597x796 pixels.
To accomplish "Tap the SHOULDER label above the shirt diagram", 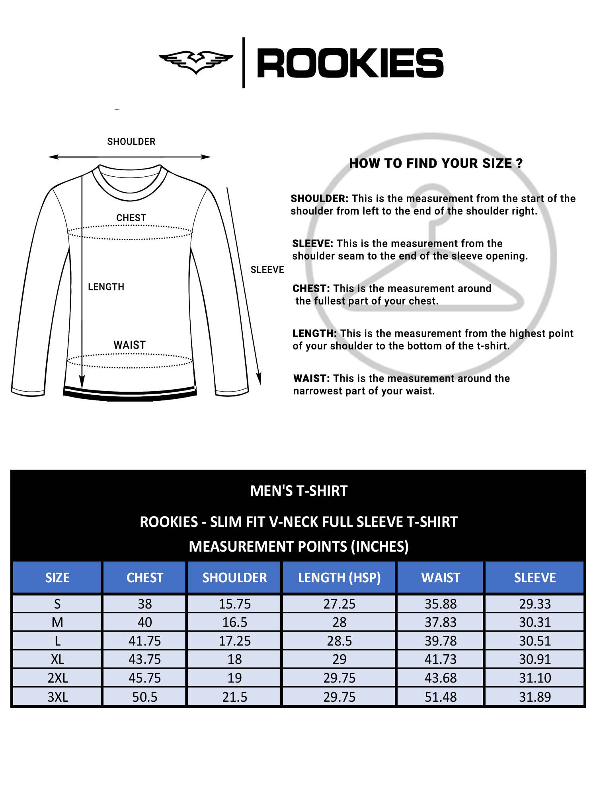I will click(x=131, y=142).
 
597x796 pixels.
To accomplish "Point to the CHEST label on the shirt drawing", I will click(x=131, y=218).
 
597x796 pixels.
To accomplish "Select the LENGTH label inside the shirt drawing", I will click(x=106, y=287).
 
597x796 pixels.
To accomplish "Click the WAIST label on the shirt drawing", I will click(x=130, y=345).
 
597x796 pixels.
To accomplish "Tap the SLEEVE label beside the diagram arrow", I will click(x=267, y=270).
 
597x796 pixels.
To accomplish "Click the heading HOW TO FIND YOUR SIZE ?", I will click(x=436, y=163).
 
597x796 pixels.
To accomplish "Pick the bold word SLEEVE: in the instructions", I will click(x=312, y=244).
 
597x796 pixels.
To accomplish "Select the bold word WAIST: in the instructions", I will click(x=311, y=378).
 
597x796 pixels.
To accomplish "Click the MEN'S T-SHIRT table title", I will click(x=298, y=491).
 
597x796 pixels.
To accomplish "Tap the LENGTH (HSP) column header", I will click(x=339, y=577).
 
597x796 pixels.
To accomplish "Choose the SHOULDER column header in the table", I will click(x=234, y=577).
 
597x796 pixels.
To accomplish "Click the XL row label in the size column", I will click(x=57, y=659).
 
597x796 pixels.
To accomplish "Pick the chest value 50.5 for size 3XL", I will click(x=145, y=697).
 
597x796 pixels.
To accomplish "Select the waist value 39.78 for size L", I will click(x=441, y=641).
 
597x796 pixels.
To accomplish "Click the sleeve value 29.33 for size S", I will click(x=535, y=604).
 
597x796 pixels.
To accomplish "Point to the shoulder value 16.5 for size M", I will click(x=234, y=622).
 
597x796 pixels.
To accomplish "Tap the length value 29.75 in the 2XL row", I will click(x=339, y=678).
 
